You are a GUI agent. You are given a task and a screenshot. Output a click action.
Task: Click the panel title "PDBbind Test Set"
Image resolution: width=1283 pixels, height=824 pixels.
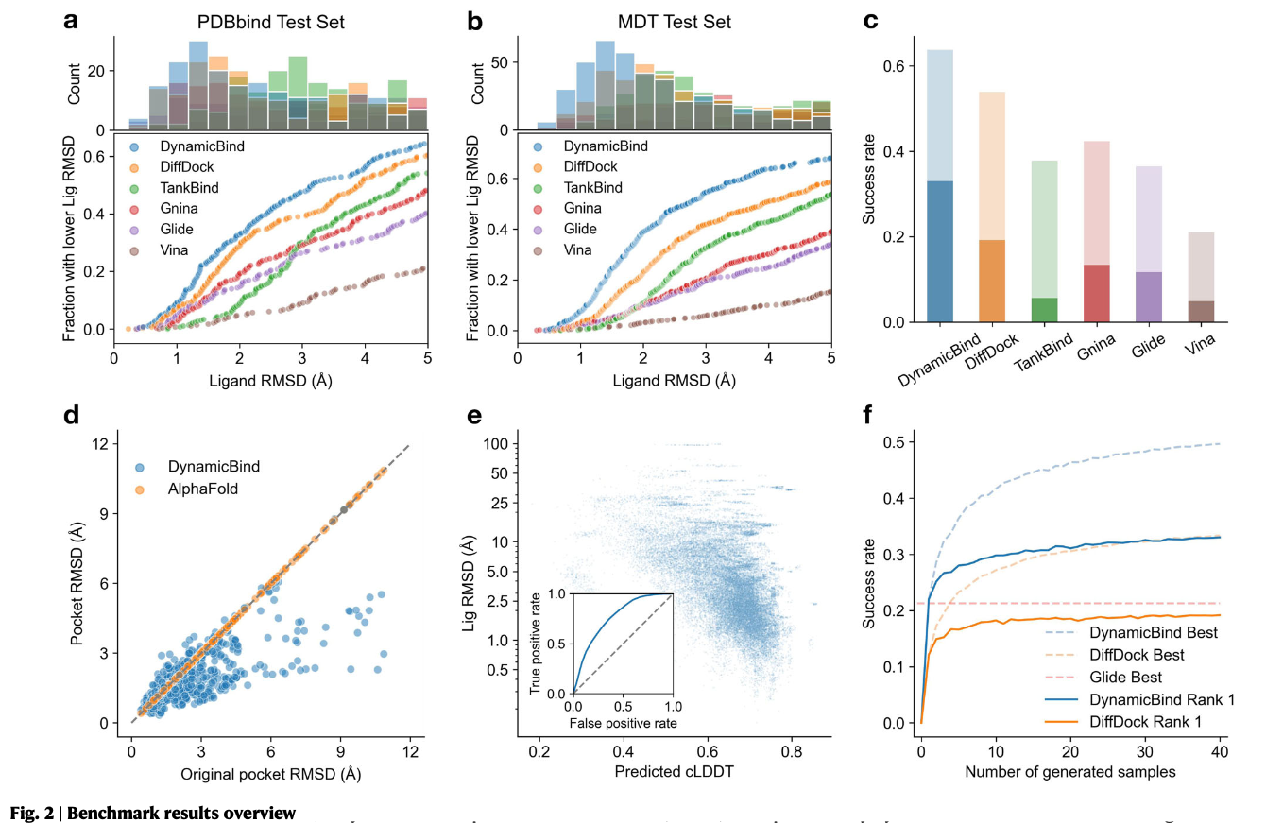tap(271, 22)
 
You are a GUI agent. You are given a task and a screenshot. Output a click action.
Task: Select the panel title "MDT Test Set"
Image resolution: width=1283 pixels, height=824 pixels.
tap(674, 22)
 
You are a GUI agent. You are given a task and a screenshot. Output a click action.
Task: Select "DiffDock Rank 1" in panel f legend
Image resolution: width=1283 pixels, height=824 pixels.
tap(1149, 722)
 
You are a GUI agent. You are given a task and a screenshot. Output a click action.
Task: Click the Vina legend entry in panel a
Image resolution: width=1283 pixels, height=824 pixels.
tap(175, 250)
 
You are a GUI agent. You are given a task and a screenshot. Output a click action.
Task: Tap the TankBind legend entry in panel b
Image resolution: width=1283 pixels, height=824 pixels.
tap(592, 188)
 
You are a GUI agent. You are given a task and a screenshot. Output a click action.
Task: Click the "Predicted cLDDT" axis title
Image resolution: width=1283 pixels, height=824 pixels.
tap(674, 772)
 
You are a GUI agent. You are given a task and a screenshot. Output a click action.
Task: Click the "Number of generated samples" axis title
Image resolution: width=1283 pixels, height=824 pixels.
tap(1069, 773)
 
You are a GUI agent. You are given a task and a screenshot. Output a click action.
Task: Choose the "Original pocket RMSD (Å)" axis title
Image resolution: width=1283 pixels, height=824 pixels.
tap(271, 773)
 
